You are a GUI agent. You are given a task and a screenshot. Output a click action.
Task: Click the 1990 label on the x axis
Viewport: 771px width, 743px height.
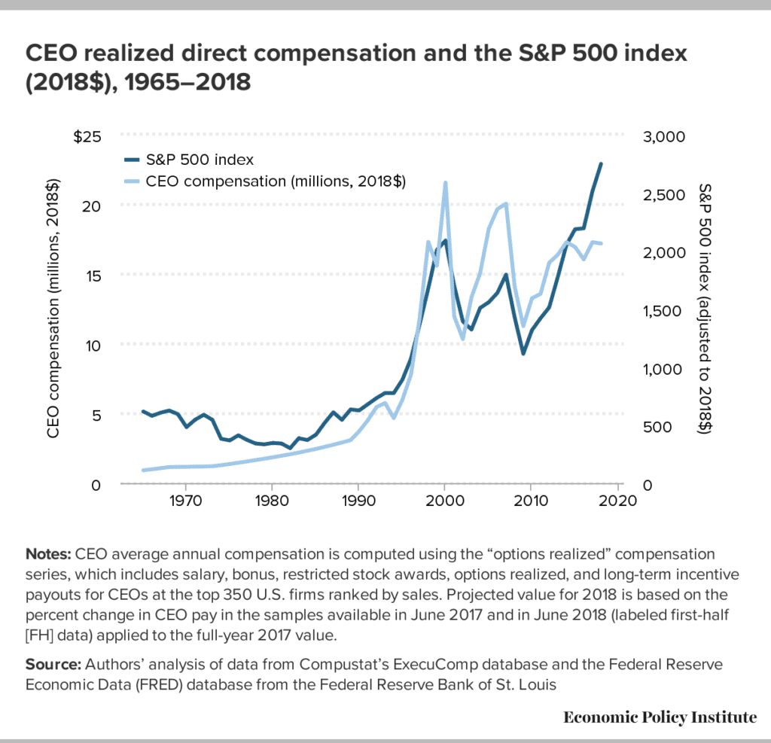pos(358,500)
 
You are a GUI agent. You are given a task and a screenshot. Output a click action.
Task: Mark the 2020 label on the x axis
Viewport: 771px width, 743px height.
pos(618,500)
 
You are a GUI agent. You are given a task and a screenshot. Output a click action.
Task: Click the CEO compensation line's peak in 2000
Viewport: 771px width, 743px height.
pos(445,183)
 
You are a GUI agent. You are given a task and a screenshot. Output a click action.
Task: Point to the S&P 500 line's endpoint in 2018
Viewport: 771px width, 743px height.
pos(601,163)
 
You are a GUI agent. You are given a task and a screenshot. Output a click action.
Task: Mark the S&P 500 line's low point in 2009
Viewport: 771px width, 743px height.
pos(523,353)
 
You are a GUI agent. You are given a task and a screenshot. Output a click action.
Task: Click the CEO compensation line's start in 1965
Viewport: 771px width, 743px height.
pos(143,470)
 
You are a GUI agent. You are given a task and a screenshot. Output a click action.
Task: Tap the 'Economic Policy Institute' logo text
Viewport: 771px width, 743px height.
pos(660,717)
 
